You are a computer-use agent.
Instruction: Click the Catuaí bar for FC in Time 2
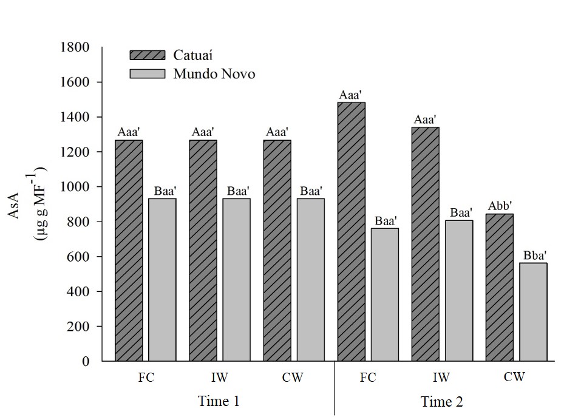point(352,231)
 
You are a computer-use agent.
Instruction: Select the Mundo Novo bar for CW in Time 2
point(533,312)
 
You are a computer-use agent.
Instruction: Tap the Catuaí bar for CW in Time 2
point(499,287)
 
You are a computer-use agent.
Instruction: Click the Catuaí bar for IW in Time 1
point(203,250)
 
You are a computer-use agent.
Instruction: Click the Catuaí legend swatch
point(147,55)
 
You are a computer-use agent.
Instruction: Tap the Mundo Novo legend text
point(214,74)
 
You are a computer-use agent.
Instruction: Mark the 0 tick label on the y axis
point(86,362)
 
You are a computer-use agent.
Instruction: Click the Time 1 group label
point(219,401)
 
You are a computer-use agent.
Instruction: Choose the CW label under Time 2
point(514,378)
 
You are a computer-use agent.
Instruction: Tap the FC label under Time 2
point(367,378)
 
